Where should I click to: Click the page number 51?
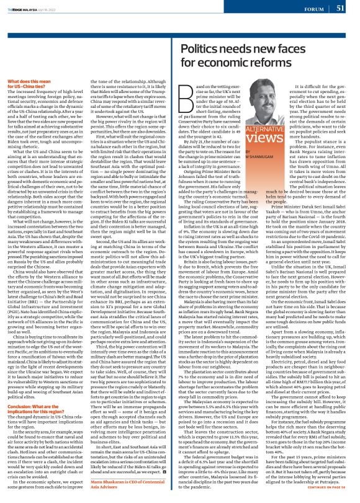(x=340, y=8)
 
